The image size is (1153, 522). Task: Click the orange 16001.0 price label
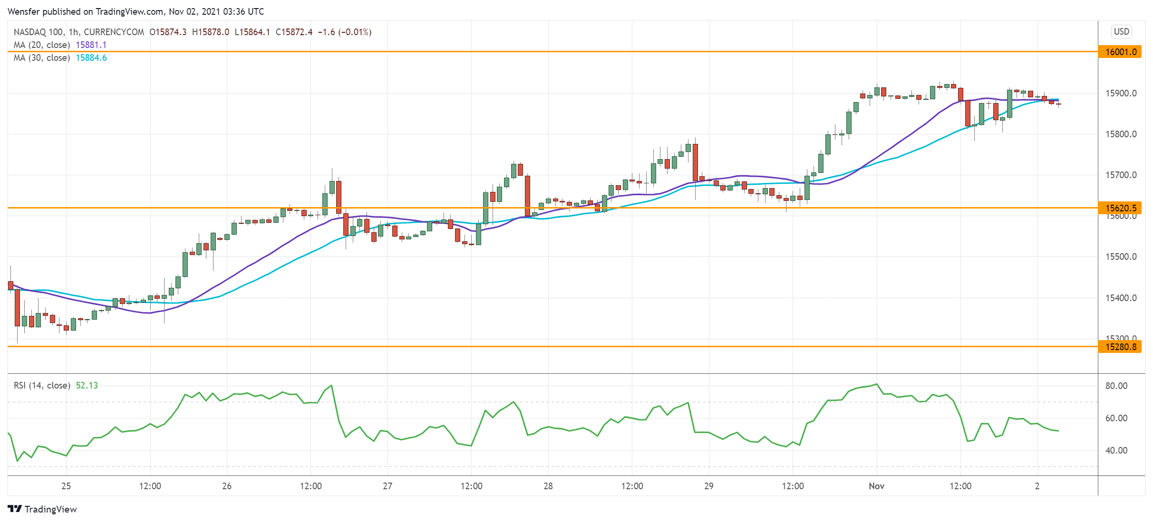(x=1120, y=52)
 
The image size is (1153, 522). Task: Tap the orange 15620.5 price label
(x=1120, y=208)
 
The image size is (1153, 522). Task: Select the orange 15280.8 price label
(x=1120, y=347)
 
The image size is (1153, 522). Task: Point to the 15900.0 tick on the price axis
(x=1121, y=93)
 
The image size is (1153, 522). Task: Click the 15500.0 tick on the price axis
(x=1121, y=257)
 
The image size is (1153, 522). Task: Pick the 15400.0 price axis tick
(x=1121, y=298)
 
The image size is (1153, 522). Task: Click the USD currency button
(x=1121, y=31)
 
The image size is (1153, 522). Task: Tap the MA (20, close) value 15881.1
(x=91, y=45)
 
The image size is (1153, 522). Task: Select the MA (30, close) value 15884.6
(x=91, y=57)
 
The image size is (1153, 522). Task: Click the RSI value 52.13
(x=87, y=385)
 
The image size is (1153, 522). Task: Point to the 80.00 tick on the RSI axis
(x=1116, y=386)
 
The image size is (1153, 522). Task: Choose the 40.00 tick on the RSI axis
(x=1116, y=450)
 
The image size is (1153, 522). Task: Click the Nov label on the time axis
(x=876, y=486)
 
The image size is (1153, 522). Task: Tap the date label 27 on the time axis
(x=388, y=486)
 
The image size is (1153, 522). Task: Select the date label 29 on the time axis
(x=708, y=486)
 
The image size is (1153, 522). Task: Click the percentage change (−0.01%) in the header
(x=355, y=32)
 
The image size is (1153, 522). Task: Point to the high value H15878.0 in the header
(x=211, y=32)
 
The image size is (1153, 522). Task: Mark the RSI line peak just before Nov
(x=876, y=384)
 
